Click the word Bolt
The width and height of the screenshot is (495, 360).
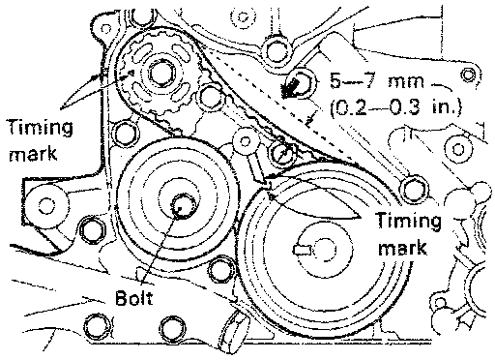tap(133, 298)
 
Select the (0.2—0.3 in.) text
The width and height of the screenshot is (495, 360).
tap(395, 107)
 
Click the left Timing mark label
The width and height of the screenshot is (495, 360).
tap(41, 140)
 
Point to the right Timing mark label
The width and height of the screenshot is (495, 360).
tap(409, 234)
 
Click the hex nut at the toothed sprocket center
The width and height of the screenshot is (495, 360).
tap(162, 75)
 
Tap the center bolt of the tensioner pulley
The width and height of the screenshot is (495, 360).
tap(183, 206)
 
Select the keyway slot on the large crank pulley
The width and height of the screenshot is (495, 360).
tap(303, 250)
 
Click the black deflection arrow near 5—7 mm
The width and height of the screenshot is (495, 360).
tap(291, 87)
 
